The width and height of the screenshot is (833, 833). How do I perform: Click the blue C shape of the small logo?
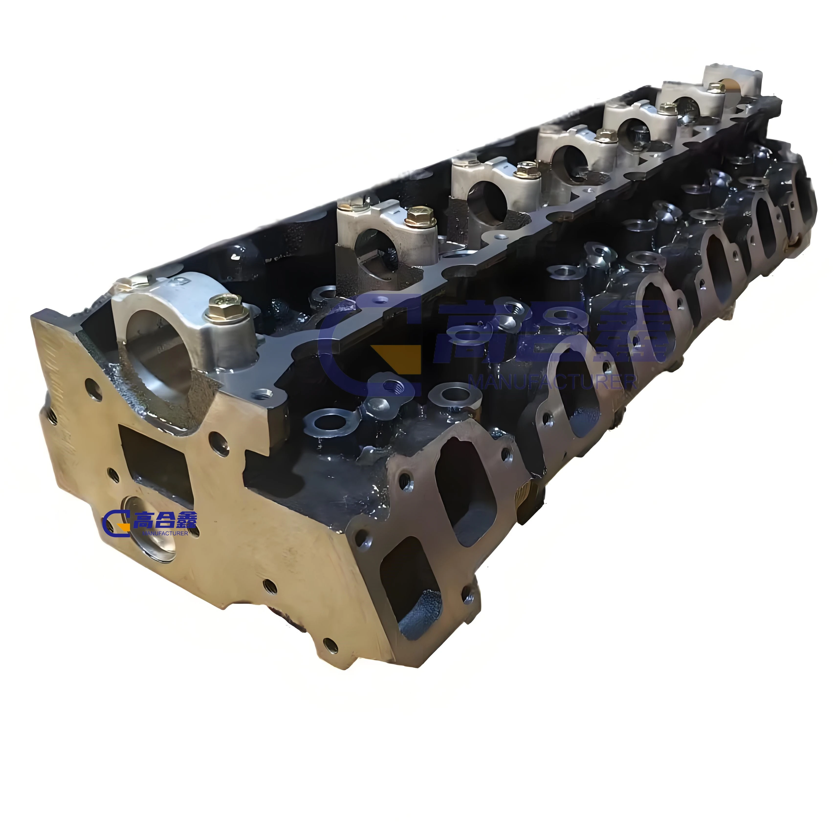113,523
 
